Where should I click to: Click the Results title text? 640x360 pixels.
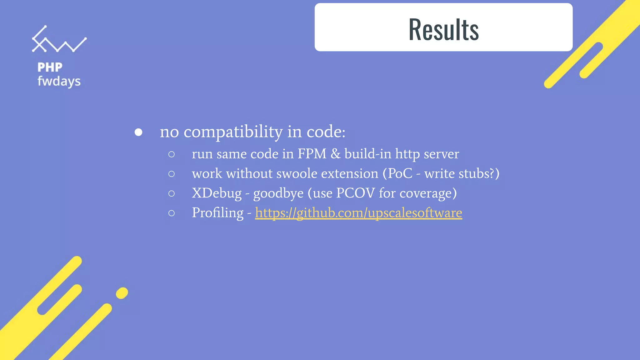(x=443, y=29)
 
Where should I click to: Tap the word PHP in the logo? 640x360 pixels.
(x=50, y=67)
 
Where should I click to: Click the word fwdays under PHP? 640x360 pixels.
(x=59, y=82)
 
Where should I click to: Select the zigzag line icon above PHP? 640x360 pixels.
(x=59, y=40)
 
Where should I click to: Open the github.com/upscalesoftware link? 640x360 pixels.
(x=358, y=213)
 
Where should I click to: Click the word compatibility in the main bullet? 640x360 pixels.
(x=233, y=132)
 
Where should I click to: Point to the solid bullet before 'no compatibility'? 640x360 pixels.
(x=138, y=132)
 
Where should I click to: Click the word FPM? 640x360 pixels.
(x=312, y=154)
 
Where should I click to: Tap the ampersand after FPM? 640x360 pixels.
(x=336, y=154)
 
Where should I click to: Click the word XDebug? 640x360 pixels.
(x=217, y=193)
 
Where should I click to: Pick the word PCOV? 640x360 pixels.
(x=355, y=193)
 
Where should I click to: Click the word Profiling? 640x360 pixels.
(x=217, y=213)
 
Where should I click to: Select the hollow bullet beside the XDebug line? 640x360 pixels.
(x=171, y=194)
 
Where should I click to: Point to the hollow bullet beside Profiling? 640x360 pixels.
(x=171, y=213)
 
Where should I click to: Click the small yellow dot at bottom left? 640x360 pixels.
(x=122, y=293)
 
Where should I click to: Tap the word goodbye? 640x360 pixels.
(x=278, y=193)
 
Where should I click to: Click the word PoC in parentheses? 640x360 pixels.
(x=400, y=173)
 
